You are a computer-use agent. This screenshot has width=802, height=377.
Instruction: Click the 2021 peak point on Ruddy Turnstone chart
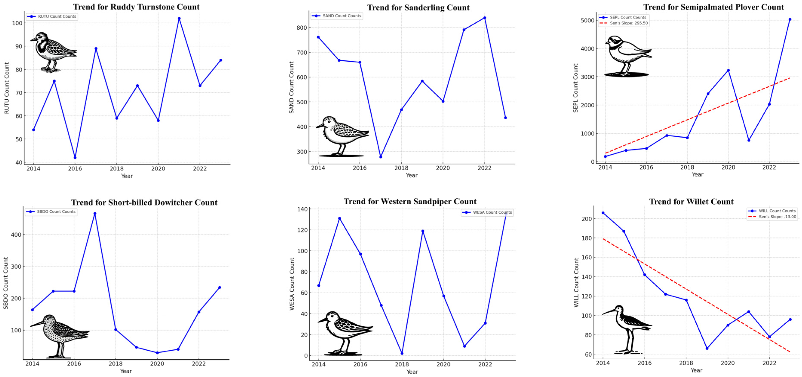179,18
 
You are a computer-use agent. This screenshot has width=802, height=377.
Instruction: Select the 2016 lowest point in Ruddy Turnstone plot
75,158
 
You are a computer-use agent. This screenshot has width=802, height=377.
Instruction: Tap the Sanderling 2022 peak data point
484,18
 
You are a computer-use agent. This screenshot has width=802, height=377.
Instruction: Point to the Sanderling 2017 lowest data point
380,157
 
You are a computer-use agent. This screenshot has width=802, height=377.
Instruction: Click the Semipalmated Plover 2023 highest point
790,19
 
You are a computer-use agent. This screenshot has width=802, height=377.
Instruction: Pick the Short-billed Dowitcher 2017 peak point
95,214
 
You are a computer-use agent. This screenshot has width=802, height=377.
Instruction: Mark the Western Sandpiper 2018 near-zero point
402,353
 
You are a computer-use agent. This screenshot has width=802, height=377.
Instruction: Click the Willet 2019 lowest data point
707,348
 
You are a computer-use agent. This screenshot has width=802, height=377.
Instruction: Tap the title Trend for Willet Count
691,202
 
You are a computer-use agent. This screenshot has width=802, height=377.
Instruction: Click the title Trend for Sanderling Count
418,8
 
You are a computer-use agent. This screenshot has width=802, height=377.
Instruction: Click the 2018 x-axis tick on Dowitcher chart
115,364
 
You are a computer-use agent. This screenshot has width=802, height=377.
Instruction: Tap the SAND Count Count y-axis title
291,87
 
